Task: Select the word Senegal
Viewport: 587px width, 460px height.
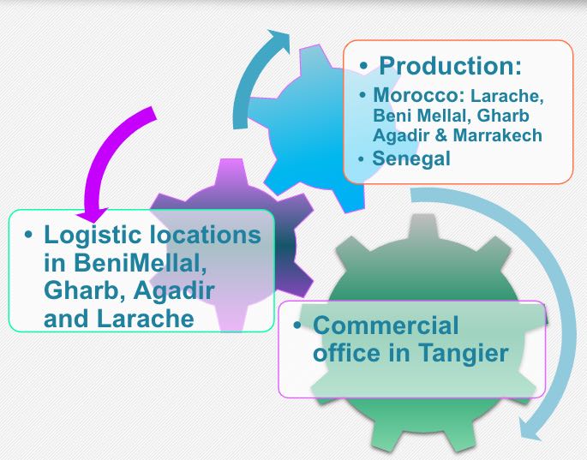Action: pos(411,158)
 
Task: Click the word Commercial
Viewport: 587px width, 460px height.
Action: pos(386,326)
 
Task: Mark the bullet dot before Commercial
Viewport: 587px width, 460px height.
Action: pos(298,326)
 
